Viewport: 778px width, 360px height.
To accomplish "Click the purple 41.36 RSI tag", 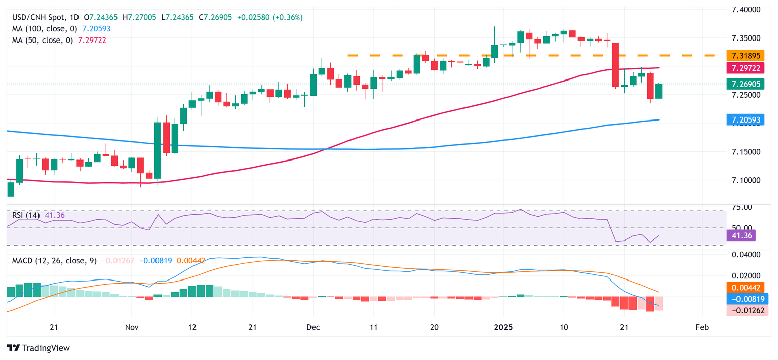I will (741, 235).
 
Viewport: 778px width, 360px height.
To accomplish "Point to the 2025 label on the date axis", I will (504, 327).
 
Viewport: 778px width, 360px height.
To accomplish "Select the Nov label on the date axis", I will (131, 327).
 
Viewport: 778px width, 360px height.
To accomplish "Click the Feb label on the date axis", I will (702, 327).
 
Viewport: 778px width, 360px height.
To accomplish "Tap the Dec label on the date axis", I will (313, 327).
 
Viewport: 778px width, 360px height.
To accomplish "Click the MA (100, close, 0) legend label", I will (45, 29).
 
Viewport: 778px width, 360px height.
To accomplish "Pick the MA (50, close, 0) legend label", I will (43, 40).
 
